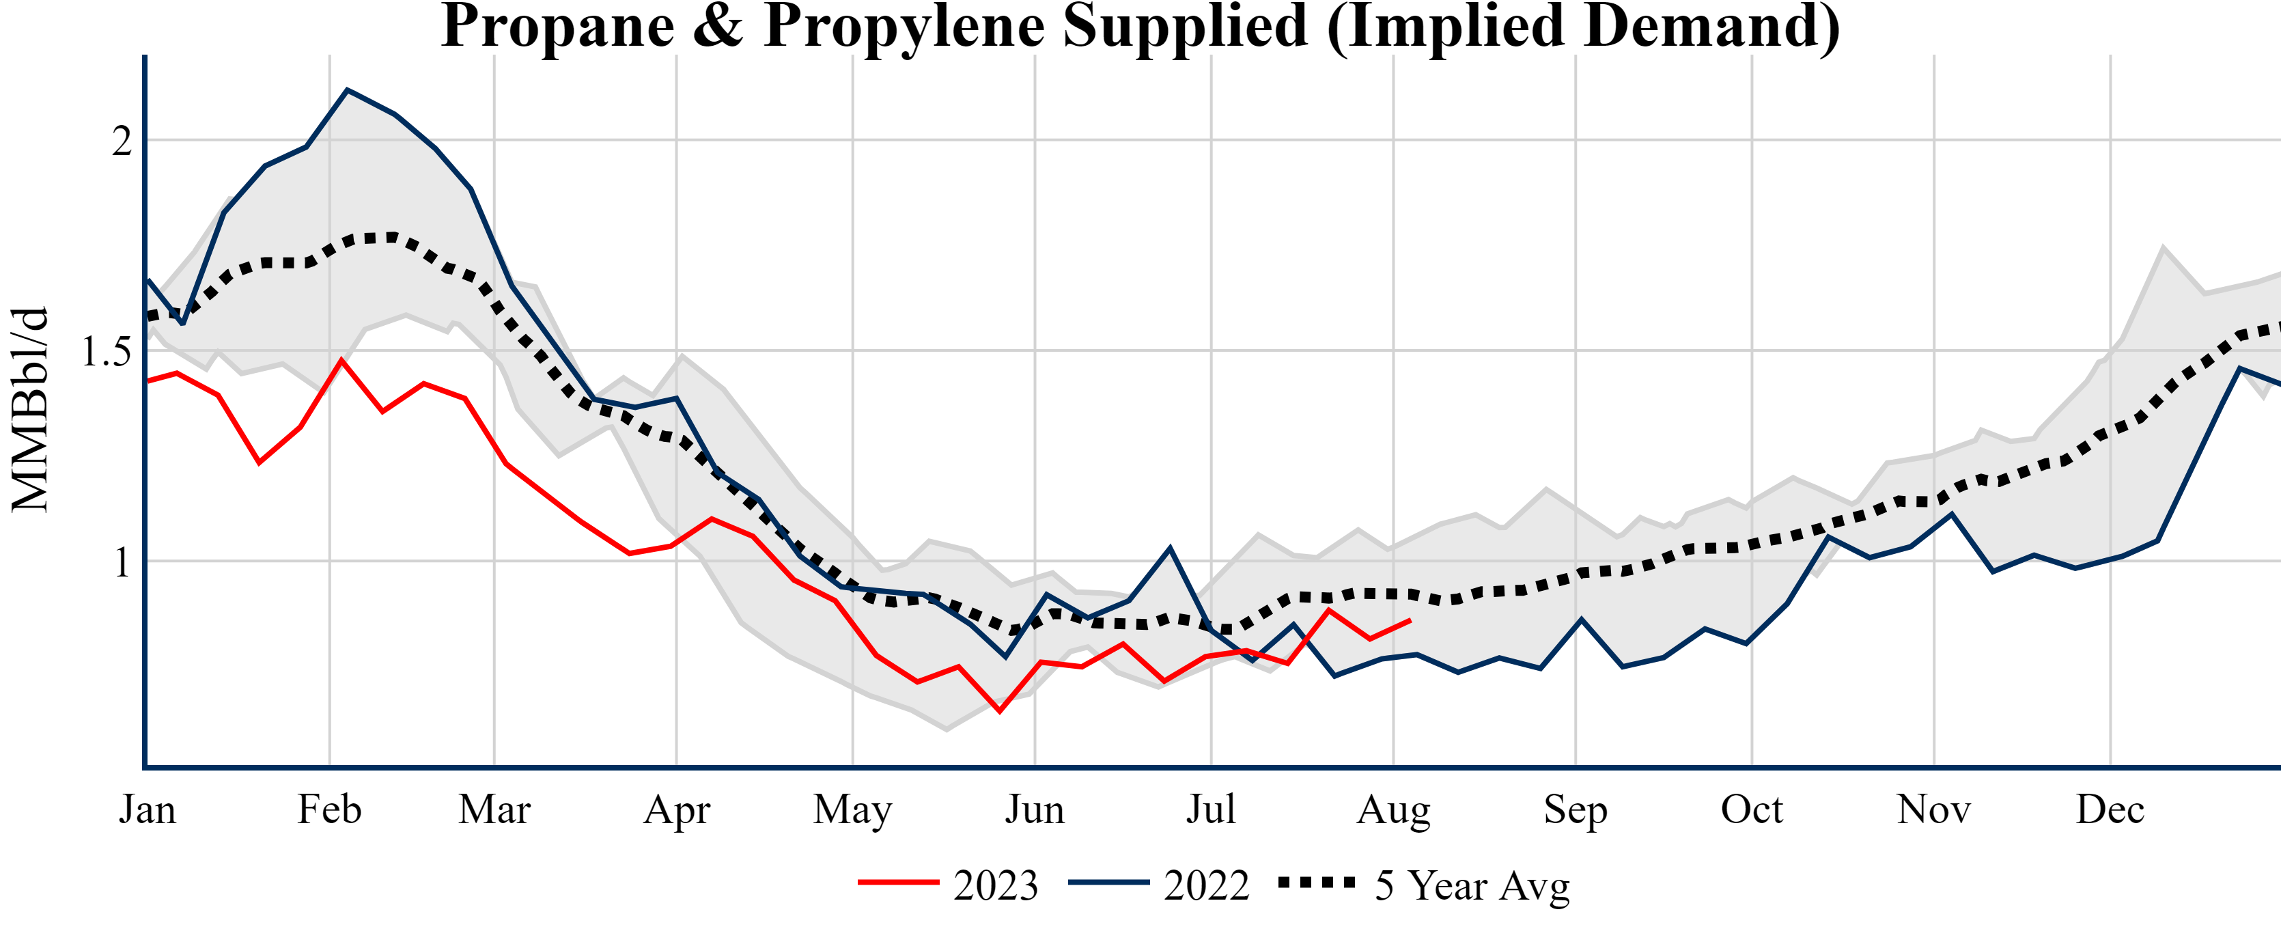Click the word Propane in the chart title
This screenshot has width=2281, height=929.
(557, 27)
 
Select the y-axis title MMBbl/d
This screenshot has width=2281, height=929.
(30, 410)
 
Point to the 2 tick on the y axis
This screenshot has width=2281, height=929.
(122, 141)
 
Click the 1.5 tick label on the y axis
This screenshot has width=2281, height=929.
(107, 352)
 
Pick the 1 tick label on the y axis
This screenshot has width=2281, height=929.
(122, 562)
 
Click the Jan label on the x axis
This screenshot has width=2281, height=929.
(147, 809)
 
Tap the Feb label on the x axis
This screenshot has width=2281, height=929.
(329, 809)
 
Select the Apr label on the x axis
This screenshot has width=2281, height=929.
(677, 809)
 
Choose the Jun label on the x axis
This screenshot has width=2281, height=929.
(1034, 809)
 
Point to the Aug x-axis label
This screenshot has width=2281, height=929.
(1394, 809)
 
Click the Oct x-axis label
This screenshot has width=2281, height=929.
(1752, 809)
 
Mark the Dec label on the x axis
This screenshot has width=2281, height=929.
(2110, 809)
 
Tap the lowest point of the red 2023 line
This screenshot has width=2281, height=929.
(1000, 711)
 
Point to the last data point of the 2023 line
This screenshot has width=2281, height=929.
(1410, 621)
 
